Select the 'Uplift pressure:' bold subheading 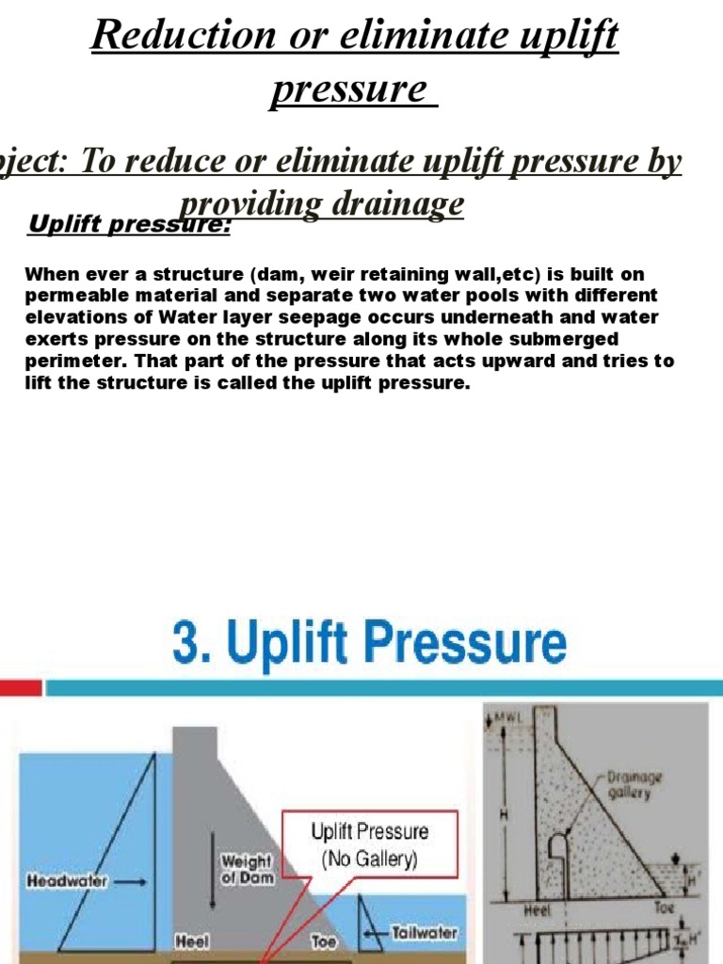(x=130, y=225)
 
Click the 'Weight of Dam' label (x=246, y=867)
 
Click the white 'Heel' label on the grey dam (x=192, y=940)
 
